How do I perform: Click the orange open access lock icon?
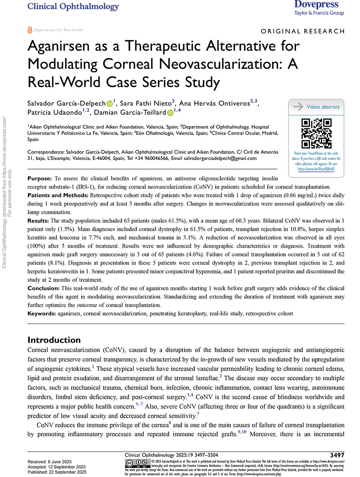[x=30, y=30]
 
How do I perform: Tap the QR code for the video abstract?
[x=316, y=134]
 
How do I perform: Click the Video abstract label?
[x=323, y=107]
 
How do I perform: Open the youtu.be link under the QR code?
[x=316, y=169]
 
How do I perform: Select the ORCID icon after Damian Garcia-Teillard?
[x=170, y=114]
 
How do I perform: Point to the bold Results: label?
[x=38, y=220]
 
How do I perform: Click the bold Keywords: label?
[x=41, y=314]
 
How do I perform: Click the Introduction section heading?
[x=54, y=340]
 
